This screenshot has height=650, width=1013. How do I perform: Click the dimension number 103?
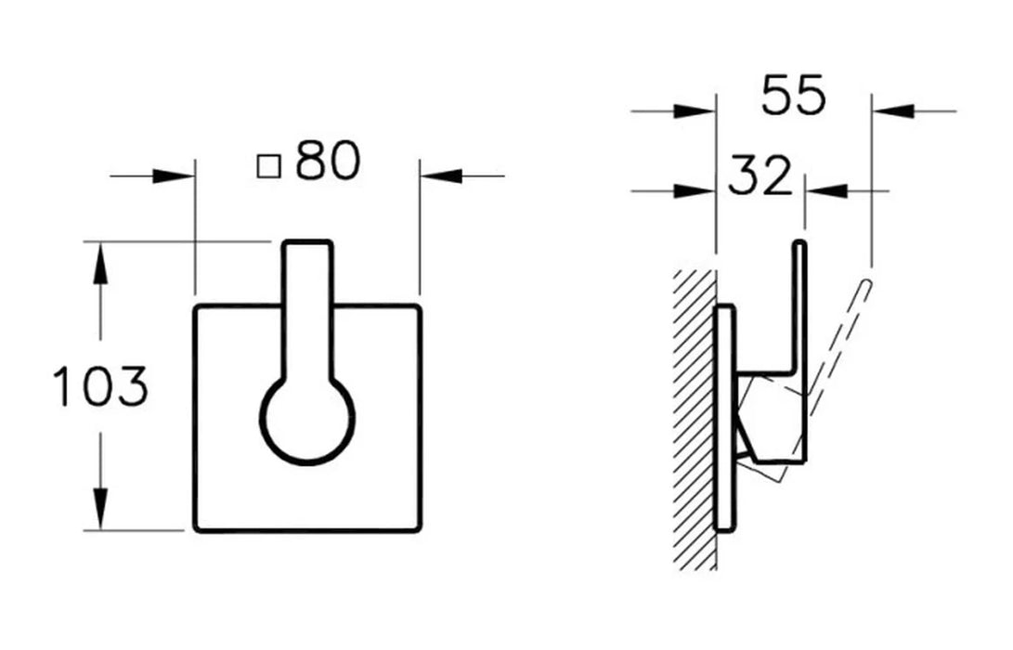tap(100, 386)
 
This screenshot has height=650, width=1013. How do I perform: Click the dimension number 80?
tap(328, 161)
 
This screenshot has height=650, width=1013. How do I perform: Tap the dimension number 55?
tap(793, 95)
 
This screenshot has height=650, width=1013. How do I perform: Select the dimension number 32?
tap(760, 175)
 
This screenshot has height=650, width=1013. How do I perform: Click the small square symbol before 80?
tap(268, 166)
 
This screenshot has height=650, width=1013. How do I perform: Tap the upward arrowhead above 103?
tap(99, 265)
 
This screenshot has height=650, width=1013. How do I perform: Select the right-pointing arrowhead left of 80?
tap(174, 175)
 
